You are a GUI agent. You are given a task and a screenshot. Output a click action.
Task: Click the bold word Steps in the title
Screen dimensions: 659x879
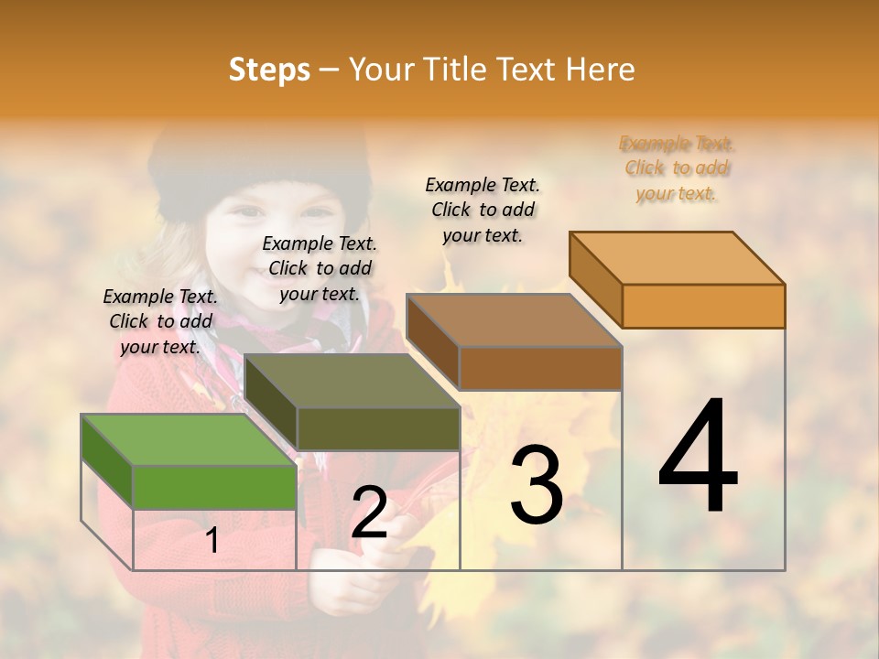click(x=269, y=70)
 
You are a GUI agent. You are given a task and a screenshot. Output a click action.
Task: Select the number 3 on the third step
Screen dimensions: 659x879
click(x=536, y=485)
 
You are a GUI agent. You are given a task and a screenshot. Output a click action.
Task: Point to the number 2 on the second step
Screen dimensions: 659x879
click(x=369, y=513)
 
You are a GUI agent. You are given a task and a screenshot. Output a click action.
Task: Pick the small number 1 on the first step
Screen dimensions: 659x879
click(x=212, y=541)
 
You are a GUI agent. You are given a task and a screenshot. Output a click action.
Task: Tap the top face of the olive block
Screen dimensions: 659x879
click(x=353, y=381)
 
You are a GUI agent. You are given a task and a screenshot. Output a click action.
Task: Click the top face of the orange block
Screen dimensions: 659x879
click(x=678, y=258)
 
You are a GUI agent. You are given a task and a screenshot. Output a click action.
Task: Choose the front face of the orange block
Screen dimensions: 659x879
click(x=703, y=306)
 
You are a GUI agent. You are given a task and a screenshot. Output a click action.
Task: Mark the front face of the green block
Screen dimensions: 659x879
click(x=214, y=487)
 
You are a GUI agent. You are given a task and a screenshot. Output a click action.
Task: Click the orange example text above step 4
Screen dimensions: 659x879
click(x=677, y=168)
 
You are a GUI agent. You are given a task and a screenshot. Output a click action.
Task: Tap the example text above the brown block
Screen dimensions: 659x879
click(x=483, y=210)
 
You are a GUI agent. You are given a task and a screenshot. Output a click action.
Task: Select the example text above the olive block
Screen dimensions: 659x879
click(x=320, y=268)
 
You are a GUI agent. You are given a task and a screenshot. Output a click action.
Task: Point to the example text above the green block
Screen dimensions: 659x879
click(x=160, y=321)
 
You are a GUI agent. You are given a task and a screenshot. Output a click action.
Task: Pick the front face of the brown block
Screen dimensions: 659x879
click(x=540, y=368)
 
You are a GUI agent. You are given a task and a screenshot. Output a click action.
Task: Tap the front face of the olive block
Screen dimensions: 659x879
click(x=378, y=428)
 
